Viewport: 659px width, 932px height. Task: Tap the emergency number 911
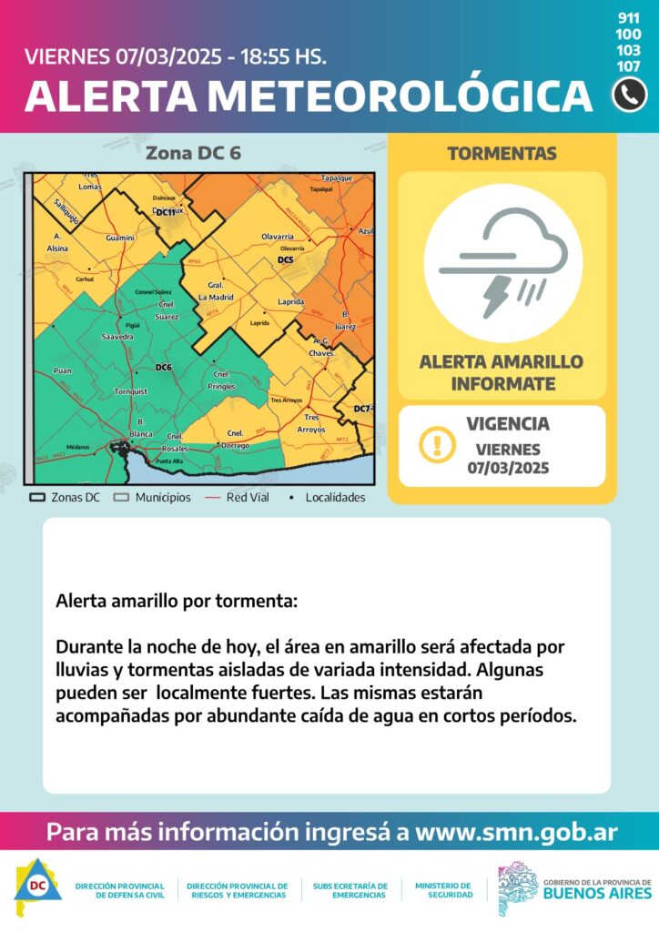(x=628, y=18)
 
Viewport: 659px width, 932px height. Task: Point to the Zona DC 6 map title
(x=193, y=153)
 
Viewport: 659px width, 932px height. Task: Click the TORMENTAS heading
(x=502, y=154)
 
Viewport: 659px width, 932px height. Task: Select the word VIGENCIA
(x=507, y=424)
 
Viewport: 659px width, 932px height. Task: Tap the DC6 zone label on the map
(x=164, y=367)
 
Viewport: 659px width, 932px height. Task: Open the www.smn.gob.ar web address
(x=516, y=832)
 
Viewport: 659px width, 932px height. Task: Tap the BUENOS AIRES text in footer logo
(x=596, y=894)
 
